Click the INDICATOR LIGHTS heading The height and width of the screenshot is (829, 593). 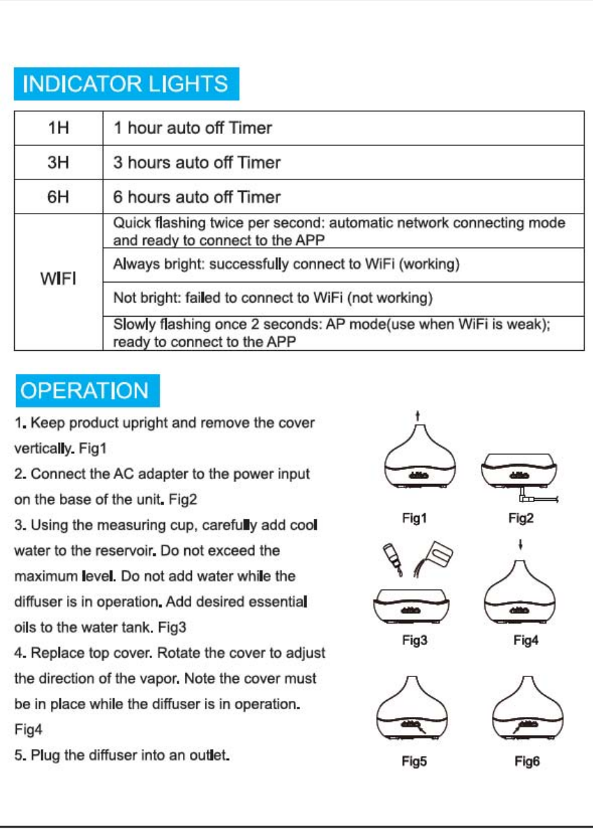pyautogui.click(x=126, y=84)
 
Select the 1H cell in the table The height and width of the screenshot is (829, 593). pyautogui.click(x=59, y=128)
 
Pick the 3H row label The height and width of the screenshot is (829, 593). pyautogui.click(x=59, y=162)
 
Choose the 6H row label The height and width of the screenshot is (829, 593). pyautogui.click(x=59, y=196)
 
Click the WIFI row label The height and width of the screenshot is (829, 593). pyautogui.click(x=59, y=281)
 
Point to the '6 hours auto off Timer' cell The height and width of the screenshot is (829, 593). pyautogui.click(x=197, y=196)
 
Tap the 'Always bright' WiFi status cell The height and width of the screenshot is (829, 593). pyautogui.click(x=285, y=265)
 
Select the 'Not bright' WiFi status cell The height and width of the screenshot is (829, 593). pyautogui.click(x=272, y=298)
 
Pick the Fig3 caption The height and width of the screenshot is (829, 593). pyautogui.click(x=415, y=640)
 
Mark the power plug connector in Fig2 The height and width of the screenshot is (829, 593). pyautogui.click(x=525, y=498)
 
